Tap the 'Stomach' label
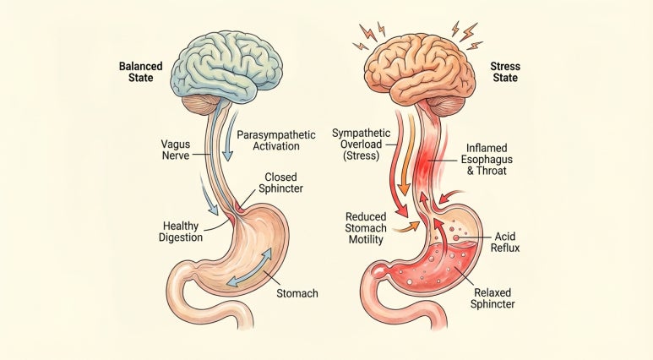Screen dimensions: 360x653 point(298,294)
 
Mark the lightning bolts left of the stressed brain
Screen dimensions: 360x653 point(369,35)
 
